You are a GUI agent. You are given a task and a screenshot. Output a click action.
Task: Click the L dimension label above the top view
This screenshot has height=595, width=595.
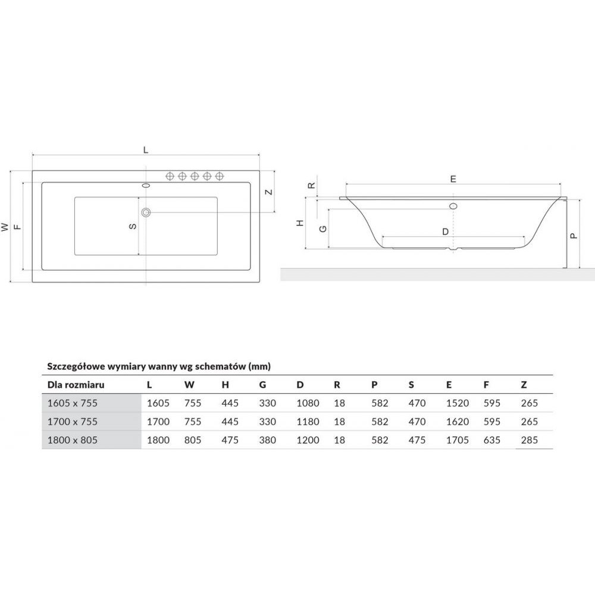[x=146, y=150]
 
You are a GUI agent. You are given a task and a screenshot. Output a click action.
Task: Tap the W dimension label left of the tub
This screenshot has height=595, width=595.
[x=5, y=227]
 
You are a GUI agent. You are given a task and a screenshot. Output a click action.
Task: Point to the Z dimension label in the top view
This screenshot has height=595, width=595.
[x=269, y=192]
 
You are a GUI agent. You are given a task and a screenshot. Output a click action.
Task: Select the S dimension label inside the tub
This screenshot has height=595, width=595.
[x=133, y=226]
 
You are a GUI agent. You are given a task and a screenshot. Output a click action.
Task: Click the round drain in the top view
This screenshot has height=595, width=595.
[x=146, y=212]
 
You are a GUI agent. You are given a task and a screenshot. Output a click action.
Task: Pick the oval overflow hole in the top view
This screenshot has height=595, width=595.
[x=146, y=185]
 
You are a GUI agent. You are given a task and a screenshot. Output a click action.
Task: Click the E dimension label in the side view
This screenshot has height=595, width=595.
[x=453, y=179]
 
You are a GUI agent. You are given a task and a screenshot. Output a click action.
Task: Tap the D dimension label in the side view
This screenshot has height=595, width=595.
[x=446, y=231]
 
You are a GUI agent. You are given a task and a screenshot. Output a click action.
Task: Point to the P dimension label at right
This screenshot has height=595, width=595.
[x=574, y=236]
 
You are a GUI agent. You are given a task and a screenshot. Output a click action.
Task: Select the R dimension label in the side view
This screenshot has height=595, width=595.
[x=311, y=186]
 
